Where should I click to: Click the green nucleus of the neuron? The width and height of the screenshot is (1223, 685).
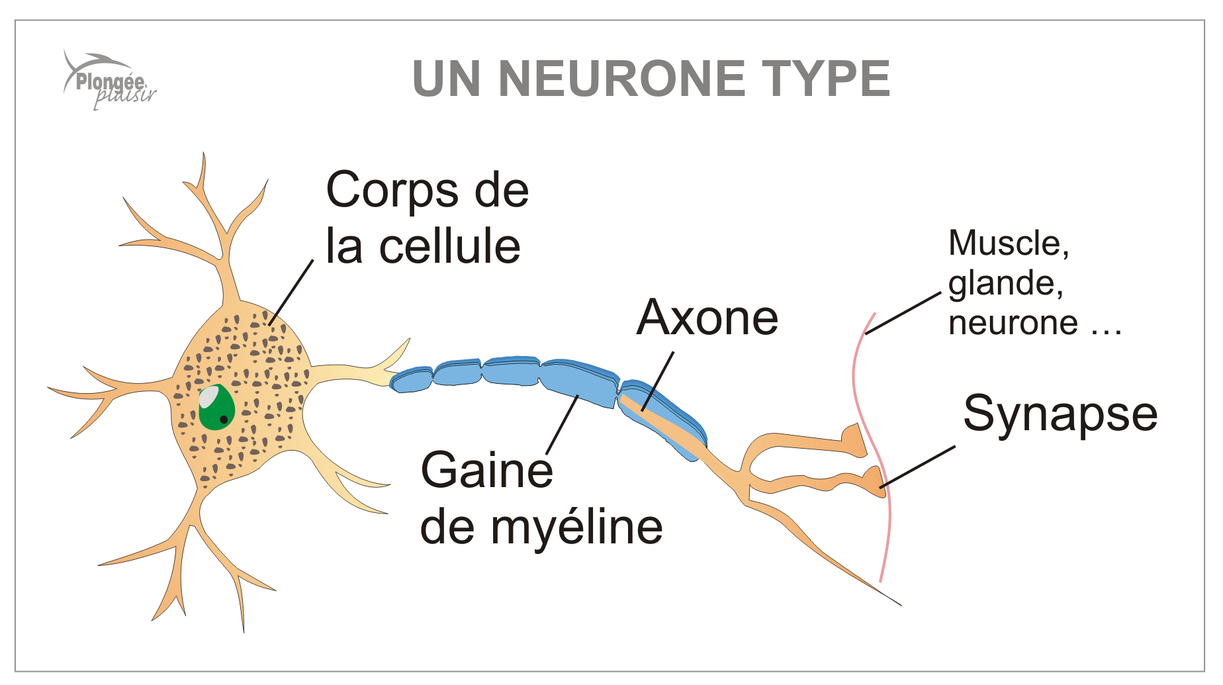[x=216, y=408]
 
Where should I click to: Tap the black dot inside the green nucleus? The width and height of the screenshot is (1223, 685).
[x=224, y=419]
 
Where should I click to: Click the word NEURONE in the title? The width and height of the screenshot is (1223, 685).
[x=621, y=79]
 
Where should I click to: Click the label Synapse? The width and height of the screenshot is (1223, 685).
[x=1060, y=414]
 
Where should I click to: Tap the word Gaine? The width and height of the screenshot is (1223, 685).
[x=486, y=471]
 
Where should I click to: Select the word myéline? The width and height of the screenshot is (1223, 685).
[x=576, y=527]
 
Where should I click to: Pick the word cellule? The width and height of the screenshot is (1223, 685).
[x=449, y=246]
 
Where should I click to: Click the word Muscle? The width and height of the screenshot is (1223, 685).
[x=1008, y=244]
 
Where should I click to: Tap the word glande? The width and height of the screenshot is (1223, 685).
[x=1005, y=284]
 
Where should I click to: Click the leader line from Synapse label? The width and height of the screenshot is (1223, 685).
[x=918, y=467]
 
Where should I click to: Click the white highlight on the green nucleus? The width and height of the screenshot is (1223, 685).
[x=209, y=396]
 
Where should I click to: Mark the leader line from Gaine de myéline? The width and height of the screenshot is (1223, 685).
[x=563, y=424]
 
